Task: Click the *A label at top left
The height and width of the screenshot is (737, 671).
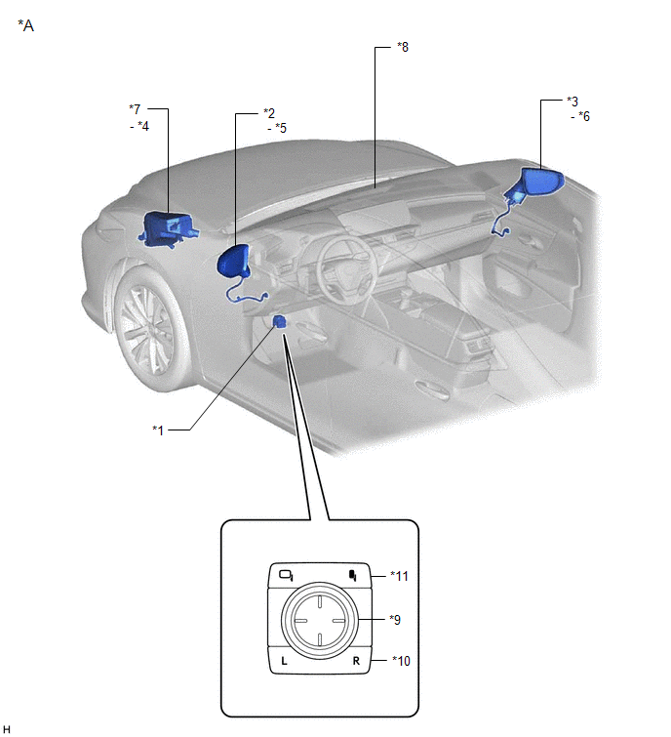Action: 25,25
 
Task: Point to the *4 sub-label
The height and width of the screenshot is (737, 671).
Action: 141,124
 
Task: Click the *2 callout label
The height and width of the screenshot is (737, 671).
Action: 269,113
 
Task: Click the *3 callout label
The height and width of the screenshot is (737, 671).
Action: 572,101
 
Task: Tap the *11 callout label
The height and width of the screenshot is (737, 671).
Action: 398,576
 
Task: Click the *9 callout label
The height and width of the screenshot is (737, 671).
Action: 396,619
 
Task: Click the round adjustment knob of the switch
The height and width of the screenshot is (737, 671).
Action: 319,619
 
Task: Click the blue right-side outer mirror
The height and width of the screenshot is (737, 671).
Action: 538,184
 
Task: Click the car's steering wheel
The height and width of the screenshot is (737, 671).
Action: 341,265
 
